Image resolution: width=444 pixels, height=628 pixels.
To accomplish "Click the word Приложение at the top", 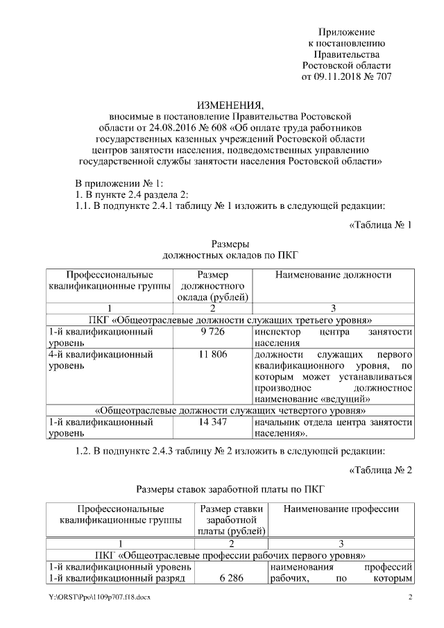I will [x=346, y=33].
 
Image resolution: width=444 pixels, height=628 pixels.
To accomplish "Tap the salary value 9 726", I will [x=211, y=332].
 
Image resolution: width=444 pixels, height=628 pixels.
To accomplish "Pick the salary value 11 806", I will [x=211, y=355].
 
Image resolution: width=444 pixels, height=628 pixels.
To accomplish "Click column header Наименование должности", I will [x=333, y=275].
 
